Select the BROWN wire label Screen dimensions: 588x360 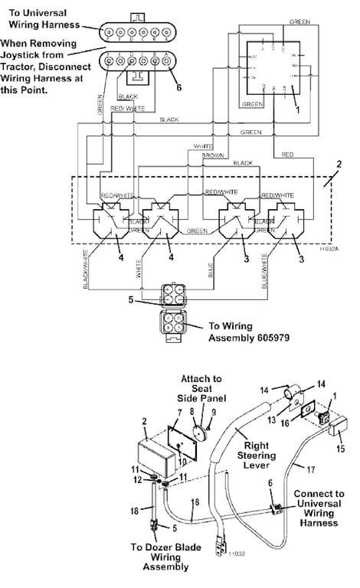[213, 155]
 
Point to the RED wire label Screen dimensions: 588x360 [287, 155]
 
